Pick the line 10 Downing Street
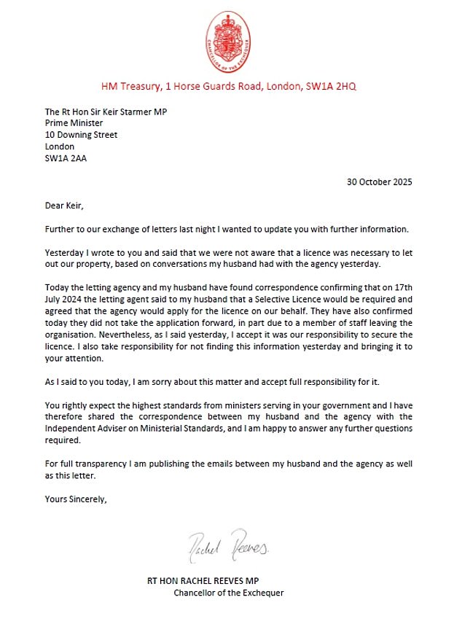[81, 135]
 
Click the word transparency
[98, 464]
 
